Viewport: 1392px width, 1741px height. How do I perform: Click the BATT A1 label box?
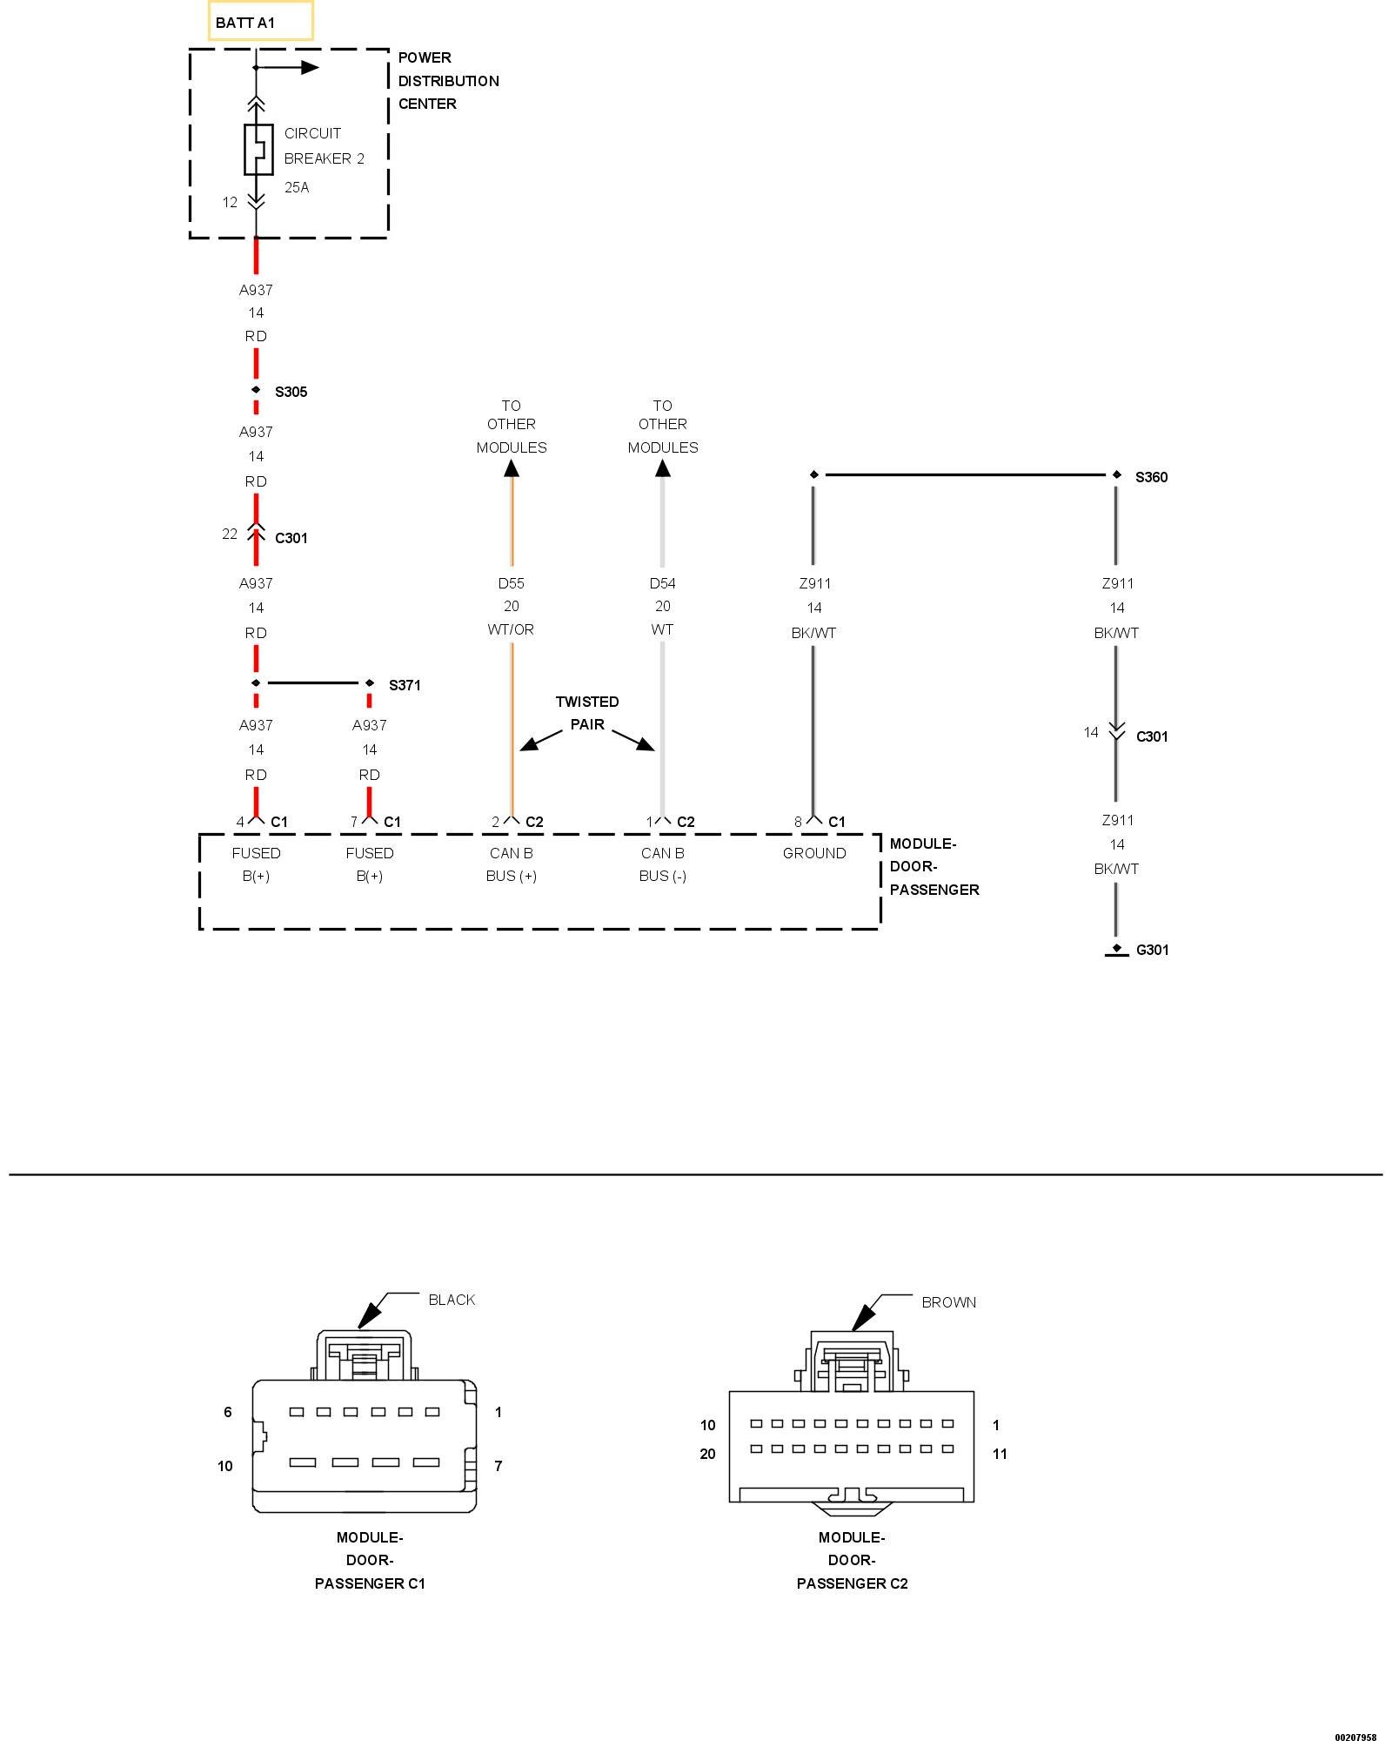click(260, 22)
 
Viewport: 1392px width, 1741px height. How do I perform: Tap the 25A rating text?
click(297, 187)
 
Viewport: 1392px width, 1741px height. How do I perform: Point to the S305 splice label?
click(291, 392)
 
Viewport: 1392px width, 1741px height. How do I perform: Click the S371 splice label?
click(405, 685)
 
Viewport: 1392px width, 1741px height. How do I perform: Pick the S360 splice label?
click(1151, 477)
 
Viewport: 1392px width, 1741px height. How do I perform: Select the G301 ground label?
click(1152, 950)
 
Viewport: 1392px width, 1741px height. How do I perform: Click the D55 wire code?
click(512, 583)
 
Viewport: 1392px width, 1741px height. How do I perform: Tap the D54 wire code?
click(663, 583)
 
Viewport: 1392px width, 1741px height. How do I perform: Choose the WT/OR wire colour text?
click(512, 629)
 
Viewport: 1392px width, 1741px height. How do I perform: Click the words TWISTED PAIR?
click(587, 713)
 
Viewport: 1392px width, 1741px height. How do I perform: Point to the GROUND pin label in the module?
click(814, 853)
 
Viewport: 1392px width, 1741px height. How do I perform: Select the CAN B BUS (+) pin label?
click(512, 864)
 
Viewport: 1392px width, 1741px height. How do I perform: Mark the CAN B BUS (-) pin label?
click(663, 864)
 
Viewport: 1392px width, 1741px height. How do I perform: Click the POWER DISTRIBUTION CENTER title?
click(448, 81)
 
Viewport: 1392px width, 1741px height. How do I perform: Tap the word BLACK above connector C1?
click(452, 1300)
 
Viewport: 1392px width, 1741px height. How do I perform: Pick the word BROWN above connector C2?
click(948, 1302)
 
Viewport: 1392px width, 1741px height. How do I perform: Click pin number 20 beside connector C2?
click(707, 1454)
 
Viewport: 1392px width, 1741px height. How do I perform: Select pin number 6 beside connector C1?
click(228, 1412)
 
